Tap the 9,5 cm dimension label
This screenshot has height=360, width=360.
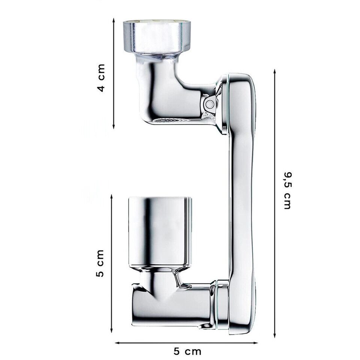point(288,190)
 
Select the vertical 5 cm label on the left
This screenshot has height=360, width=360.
point(100,263)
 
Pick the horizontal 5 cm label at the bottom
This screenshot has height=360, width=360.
point(187,351)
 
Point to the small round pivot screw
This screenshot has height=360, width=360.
point(210,104)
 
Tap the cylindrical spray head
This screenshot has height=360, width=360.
point(160,231)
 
